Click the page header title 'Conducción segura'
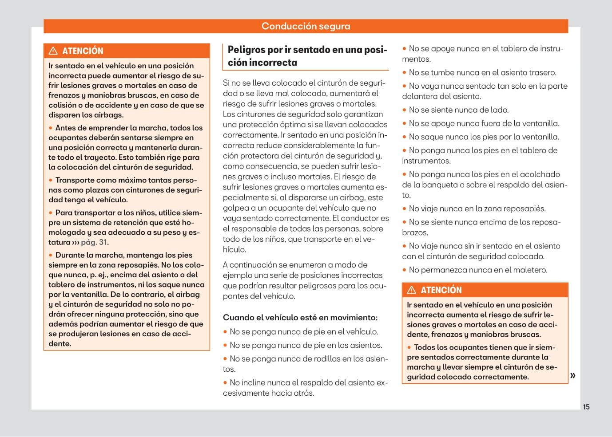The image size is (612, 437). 306,26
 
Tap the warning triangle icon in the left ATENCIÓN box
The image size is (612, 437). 53,51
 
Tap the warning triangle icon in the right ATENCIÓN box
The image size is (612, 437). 412,290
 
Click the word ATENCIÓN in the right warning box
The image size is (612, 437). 441,290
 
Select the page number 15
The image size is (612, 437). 586,407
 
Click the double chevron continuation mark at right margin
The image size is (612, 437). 573,375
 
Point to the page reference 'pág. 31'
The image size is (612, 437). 94,242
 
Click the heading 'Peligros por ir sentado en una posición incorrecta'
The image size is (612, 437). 307,56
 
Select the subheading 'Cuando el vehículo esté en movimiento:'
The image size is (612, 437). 300,318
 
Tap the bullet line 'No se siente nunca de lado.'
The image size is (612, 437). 458,110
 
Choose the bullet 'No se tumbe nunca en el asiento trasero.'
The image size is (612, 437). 482,72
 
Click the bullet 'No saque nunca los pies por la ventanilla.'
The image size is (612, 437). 484,137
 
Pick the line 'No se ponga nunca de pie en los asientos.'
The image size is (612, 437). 306,345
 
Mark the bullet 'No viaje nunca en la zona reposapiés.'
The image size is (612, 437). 477,209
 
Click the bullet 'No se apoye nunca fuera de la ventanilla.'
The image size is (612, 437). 484,123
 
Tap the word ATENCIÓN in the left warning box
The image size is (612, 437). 83,51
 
